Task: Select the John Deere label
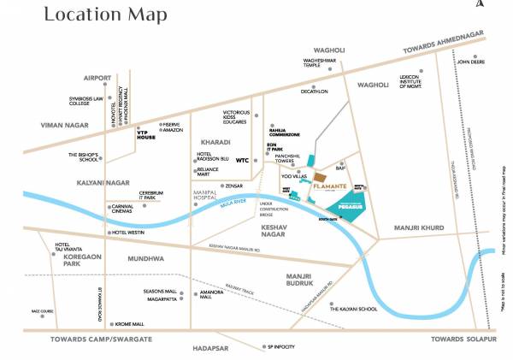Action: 472,62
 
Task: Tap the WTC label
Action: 242,159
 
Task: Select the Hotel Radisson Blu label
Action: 212,156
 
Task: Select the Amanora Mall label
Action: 212,294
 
